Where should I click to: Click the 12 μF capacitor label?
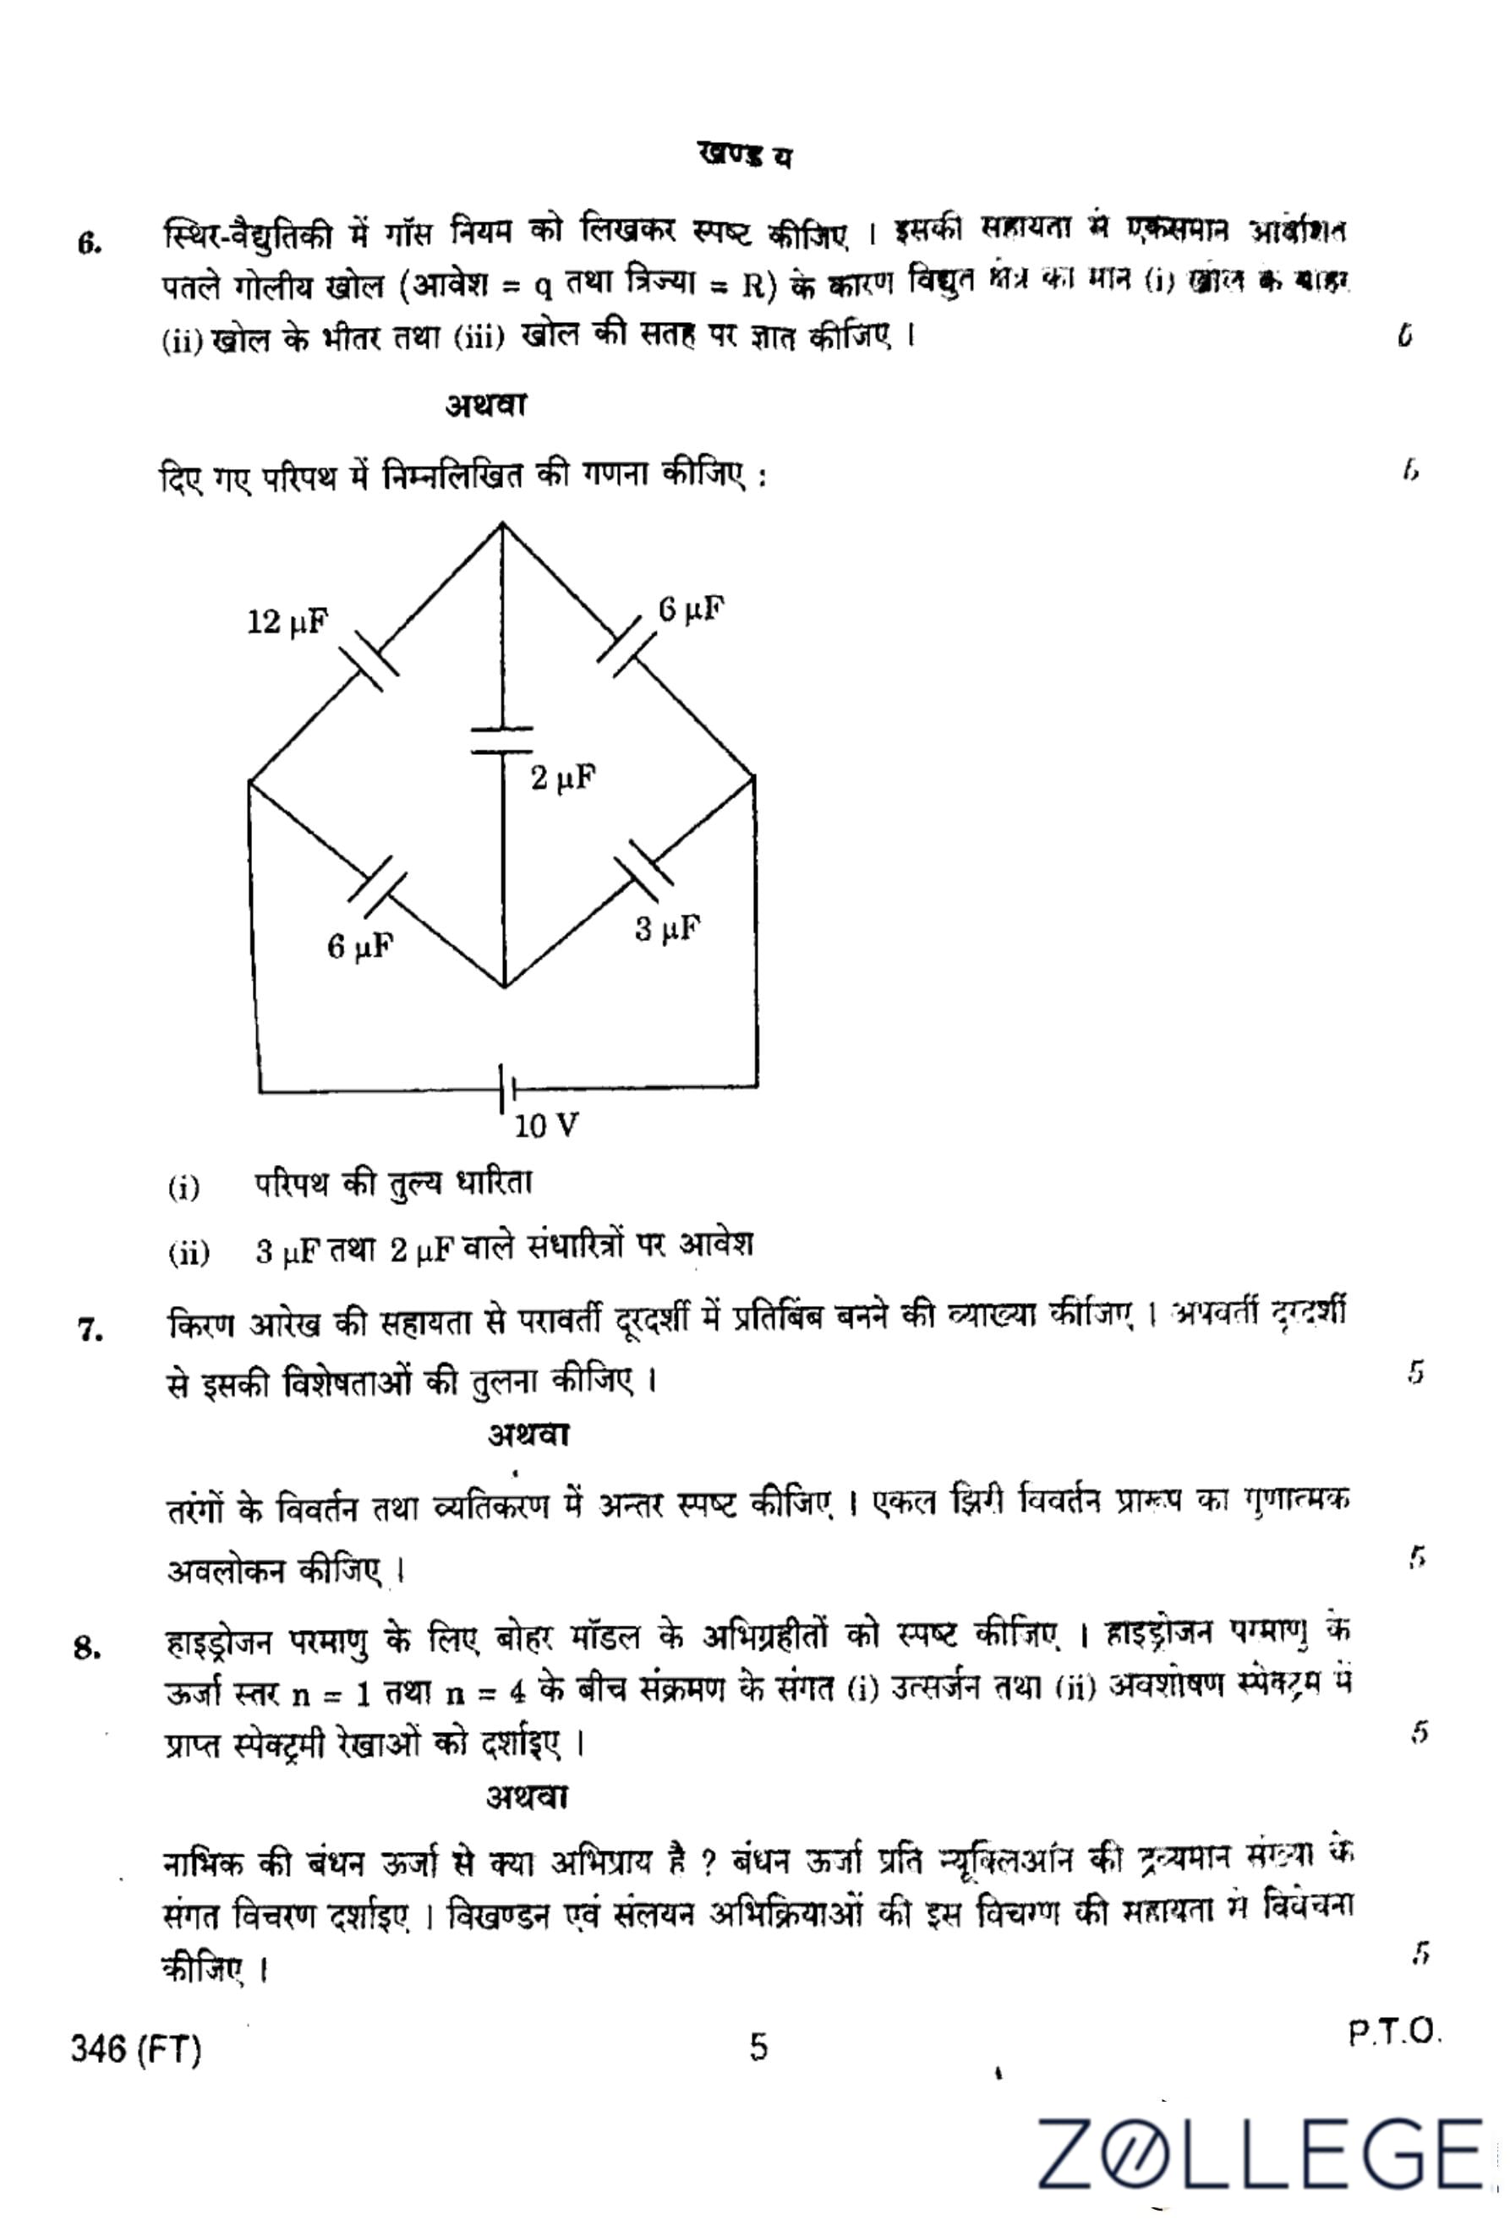click(x=287, y=624)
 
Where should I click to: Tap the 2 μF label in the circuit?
click(x=564, y=779)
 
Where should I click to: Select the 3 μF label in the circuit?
click(x=668, y=927)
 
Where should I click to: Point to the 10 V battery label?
click(x=546, y=1127)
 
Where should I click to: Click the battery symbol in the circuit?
click(x=506, y=1090)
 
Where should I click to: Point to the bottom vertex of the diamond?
click(x=503, y=987)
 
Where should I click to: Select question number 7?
click(x=91, y=1331)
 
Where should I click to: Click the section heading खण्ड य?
click(x=745, y=156)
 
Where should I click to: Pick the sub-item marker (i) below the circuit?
click(x=183, y=1189)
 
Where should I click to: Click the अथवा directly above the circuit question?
click(x=485, y=406)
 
